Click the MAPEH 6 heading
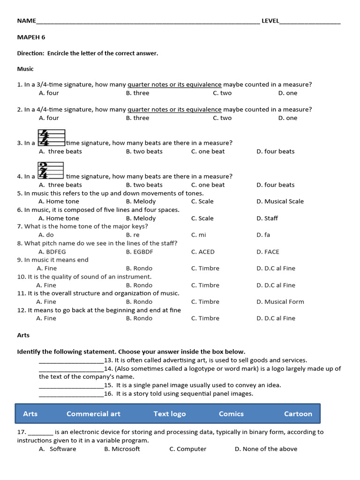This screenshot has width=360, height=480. (x=31, y=37)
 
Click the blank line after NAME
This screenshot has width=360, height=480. (x=148, y=21)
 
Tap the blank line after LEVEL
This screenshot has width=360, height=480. (x=310, y=21)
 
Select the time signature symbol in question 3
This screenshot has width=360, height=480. (x=50, y=138)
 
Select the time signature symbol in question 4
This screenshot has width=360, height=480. (x=50, y=171)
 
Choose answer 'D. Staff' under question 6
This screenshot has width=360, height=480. (x=267, y=218)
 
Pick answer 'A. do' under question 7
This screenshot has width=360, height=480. (x=46, y=235)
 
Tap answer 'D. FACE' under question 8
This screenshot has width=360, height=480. (x=268, y=252)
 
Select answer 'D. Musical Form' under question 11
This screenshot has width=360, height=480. (x=280, y=302)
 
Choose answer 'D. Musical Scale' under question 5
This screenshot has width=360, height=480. (x=280, y=202)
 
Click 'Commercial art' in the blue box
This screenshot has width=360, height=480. (x=93, y=414)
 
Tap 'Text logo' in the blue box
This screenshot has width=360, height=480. (x=170, y=414)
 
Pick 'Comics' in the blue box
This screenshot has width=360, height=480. (x=231, y=414)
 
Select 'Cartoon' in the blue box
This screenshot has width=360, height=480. (x=298, y=414)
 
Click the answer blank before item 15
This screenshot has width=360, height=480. (x=71, y=386)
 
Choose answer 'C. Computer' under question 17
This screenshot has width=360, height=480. (x=188, y=449)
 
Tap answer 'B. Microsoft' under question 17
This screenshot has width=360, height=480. (x=122, y=449)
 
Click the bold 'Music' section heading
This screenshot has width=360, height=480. (x=25, y=69)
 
